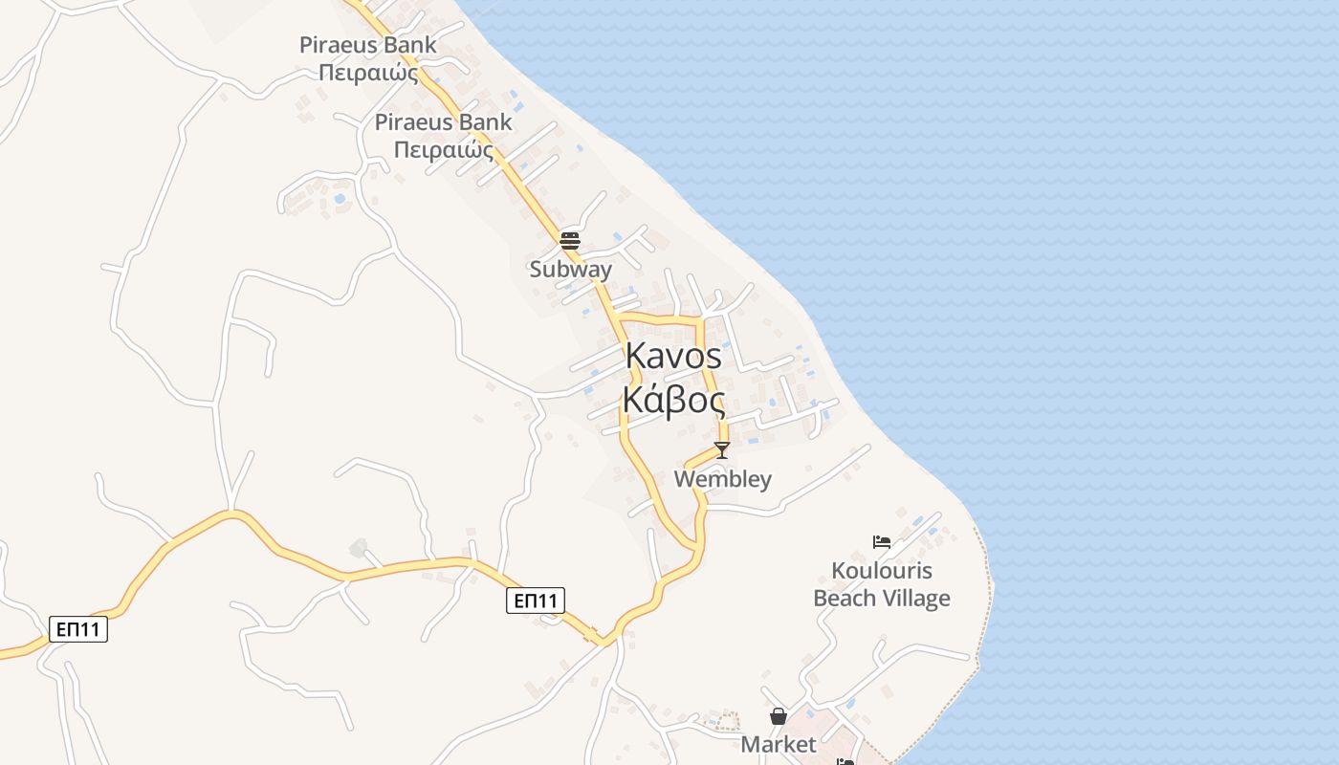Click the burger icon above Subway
(570, 239)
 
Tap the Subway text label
(570, 270)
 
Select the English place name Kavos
(673, 356)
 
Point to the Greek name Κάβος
(673, 399)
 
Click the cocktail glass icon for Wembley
(722, 449)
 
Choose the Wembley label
(722, 479)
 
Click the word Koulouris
(882, 572)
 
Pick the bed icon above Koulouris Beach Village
(882, 542)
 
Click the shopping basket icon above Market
(779, 716)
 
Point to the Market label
(779, 744)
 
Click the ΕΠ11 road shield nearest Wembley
(535, 601)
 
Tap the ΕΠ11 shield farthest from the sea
(78, 629)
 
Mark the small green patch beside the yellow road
(359, 548)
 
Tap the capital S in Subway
(537, 270)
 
